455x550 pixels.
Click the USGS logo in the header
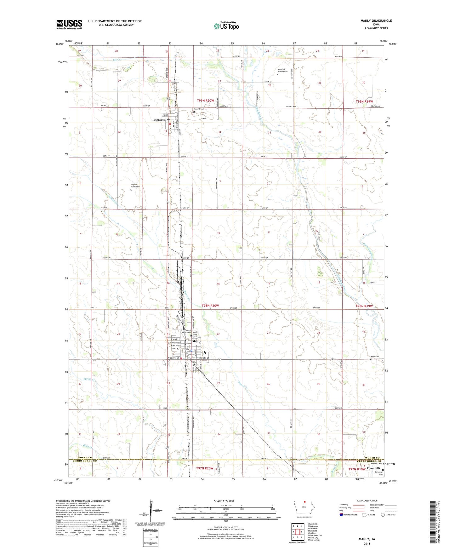[69, 24]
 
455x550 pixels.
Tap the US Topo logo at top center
[226, 26]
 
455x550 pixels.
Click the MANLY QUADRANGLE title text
[376, 21]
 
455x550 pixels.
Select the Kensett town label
[159, 120]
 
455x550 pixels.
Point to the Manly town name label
[196, 341]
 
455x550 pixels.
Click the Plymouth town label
[373, 468]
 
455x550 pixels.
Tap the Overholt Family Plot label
[283, 71]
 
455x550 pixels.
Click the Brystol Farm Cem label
[135, 186]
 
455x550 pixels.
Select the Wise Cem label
[375, 357]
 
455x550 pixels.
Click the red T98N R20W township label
[210, 306]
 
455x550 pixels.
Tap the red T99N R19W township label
[364, 101]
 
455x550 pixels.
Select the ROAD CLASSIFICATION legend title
[367, 501]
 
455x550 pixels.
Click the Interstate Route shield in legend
[342, 514]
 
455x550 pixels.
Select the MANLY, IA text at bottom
[367, 539]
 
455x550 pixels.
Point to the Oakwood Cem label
[375, 464]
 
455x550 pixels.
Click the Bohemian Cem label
[379, 473]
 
